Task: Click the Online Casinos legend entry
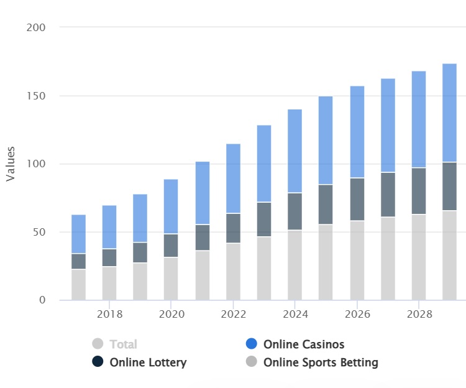(x=303, y=344)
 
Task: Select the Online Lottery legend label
(x=148, y=362)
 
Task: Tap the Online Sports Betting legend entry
(x=321, y=362)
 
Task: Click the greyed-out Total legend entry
(x=123, y=344)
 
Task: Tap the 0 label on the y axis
(x=43, y=300)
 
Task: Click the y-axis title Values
(x=11, y=164)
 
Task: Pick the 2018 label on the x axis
(x=109, y=315)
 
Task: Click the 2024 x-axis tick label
(x=295, y=315)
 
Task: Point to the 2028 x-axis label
(x=418, y=315)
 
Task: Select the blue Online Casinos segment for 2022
(x=233, y=178)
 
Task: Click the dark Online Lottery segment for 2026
(x=357, y=199)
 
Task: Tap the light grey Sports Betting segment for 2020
(x=171, y=279)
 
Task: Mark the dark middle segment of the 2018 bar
(x=109, y=257)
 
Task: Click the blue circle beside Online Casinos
(x=252, y=344)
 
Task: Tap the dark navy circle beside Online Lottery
(x=98, y=362)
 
